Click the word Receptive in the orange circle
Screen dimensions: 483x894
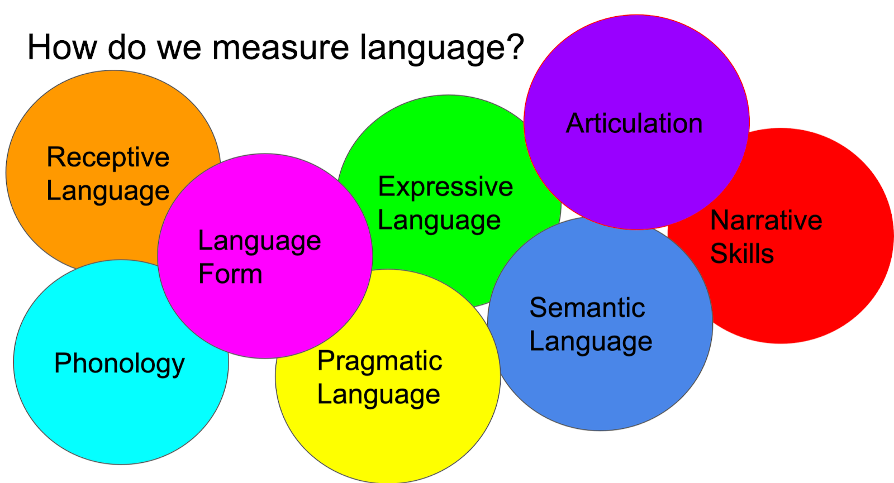(x=108, y=157)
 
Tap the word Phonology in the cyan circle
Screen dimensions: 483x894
(x=119, y=364)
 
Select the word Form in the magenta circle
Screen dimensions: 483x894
(x=230, y=274)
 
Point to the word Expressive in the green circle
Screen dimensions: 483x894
(x=445, y=186)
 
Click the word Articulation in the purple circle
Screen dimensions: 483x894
(x=634, y=123)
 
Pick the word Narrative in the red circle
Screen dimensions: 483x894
(x=766, y=220)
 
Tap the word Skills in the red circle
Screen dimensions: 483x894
(x=741, y=254)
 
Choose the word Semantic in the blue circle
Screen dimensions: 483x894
(x=587, y=308)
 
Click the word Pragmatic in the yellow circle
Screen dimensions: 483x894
(x=379, y=361)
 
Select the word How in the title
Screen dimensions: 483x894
(x=61, y=47)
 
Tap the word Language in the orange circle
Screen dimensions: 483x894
(x=108, y=192)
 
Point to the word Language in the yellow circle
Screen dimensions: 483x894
(x=378, y=395)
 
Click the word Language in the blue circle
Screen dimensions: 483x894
(x=591, y=342)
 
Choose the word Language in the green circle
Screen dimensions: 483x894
(x=439, y=221)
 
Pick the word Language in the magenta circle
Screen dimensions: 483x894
(x=259, y=242)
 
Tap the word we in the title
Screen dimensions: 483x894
(x=179, y=47)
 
